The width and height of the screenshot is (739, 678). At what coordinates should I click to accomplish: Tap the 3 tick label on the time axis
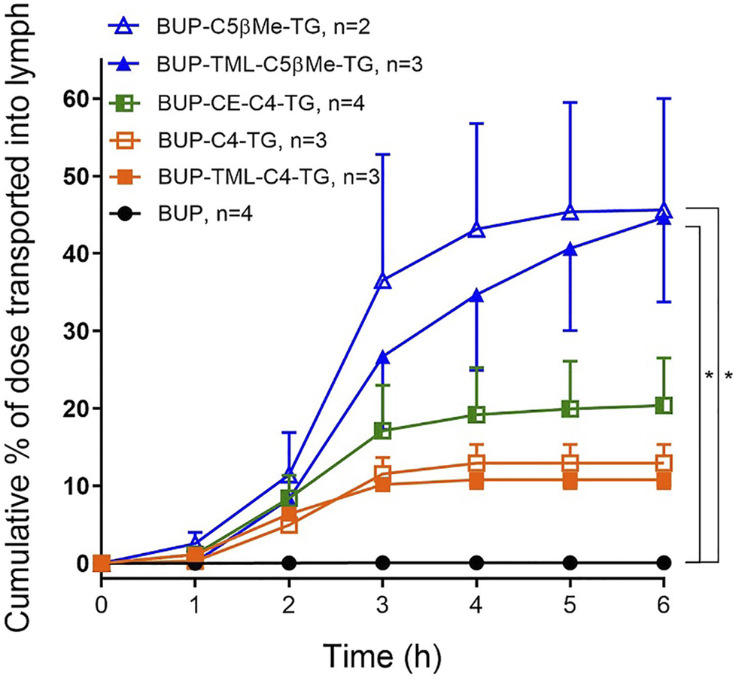coord(382,604)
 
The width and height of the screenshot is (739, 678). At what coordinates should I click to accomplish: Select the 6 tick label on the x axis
coord(664,604)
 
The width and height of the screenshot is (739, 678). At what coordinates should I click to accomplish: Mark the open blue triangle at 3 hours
coord(382,281)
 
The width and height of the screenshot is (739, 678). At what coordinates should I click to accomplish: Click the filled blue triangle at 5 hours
coord(570,249)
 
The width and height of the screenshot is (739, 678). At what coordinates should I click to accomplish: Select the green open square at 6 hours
coord(664,406)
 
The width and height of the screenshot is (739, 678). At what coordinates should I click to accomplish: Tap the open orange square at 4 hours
coord(476,464)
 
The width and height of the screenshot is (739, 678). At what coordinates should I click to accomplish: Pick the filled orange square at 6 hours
coord(664,480)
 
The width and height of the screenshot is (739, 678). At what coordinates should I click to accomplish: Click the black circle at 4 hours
coord(476,563)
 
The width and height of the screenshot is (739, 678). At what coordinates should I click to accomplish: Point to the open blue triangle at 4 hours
coord(476,230)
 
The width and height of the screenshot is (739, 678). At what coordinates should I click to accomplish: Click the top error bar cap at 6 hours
coord(664,99)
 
